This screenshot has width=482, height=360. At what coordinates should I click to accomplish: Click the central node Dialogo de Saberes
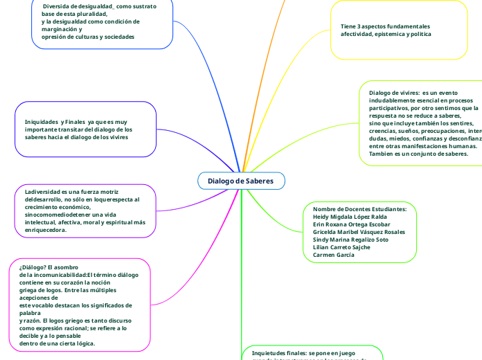[240, 181]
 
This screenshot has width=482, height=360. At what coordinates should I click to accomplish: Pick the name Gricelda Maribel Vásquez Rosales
[359, 232]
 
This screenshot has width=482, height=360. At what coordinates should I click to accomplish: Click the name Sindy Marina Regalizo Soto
[350, 240]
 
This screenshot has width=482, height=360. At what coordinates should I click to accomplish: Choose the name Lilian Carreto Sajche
[341, 247]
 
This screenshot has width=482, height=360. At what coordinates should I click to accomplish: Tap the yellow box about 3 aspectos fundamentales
[398, 30]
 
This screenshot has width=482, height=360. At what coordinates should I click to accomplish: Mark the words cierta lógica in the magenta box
[75, 343]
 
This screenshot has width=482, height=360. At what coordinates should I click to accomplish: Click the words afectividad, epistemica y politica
[385, 34]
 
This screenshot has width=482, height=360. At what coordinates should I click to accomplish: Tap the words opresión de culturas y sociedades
[88, 37]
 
